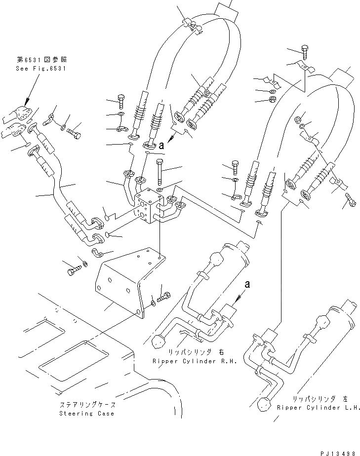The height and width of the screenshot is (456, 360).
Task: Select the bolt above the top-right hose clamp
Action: pyautogui.click(x=305, y=53)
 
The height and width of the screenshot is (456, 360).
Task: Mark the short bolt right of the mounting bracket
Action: pyautogui.click(x=164, y=298)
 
